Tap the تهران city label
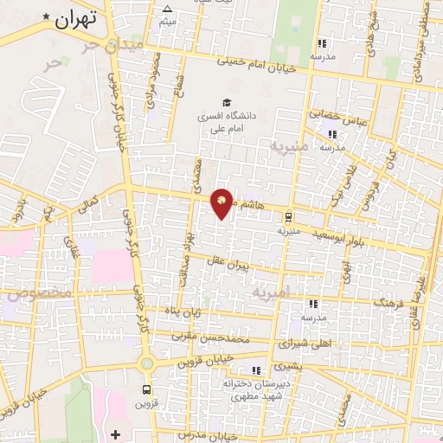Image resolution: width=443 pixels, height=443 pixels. (x=73, y=19)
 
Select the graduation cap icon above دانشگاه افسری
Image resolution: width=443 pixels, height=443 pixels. (x=226, y=101)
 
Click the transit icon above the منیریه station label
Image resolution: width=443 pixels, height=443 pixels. (x=289, y=218)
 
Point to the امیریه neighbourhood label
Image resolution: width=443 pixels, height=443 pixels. (x=274, y=293)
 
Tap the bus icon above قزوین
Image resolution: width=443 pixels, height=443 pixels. (x=146, y=389)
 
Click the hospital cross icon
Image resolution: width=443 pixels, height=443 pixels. (x=116, y=433)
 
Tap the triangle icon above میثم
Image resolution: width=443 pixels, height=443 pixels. (x=167, y=10)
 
